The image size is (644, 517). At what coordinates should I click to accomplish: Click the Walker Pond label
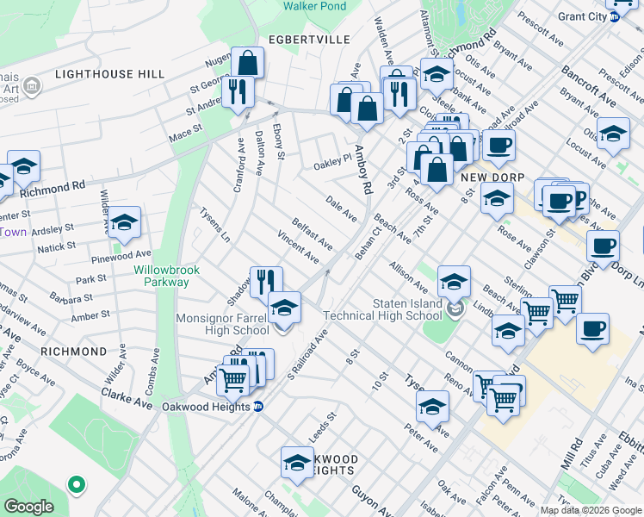click(315, 7)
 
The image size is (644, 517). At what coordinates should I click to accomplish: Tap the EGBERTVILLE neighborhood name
click(308, 40)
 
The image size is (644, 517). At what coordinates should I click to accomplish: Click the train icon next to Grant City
click(615, 17)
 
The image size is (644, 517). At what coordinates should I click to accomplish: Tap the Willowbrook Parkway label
click(166, 276)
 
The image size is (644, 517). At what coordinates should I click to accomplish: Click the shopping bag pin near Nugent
click(247, 63)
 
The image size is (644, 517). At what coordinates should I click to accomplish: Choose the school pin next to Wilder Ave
click(124, 223)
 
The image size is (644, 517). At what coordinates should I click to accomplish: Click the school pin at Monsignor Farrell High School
click(284, 308)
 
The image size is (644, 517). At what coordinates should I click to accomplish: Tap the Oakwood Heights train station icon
click(258, 408)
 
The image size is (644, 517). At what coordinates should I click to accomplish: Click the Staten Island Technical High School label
click(407, 309)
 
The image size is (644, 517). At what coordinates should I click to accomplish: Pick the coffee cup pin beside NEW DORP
click(498, 146)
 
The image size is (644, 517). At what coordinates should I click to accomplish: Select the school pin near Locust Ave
click(613, 135)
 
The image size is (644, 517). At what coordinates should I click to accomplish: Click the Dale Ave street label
click(341, 209)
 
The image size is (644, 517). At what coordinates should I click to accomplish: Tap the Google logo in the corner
click(28, 506)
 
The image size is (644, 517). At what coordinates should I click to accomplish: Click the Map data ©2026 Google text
click(589, 510)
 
